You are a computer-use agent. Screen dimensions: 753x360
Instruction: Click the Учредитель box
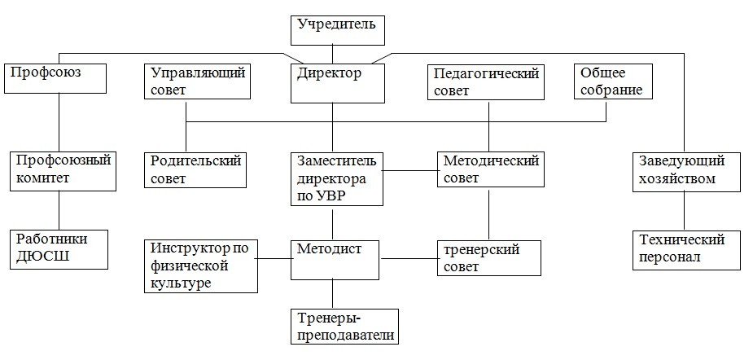(x=332, y=29)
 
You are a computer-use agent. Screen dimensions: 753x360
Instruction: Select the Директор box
(x=338, y=83)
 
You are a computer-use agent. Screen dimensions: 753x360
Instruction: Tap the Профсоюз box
(x=55, y=79)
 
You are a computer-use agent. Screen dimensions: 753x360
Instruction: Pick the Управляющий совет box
(x=197, y=82)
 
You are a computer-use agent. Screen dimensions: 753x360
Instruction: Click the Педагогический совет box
(x=485, y=82)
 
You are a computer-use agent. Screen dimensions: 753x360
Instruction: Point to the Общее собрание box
(x=613, y=82)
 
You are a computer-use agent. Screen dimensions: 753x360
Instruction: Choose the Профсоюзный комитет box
(x=63, y=171)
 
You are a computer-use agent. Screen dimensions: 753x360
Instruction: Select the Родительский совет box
(x=195, y=169)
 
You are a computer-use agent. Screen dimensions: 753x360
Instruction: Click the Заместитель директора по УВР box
(x=337, y=179)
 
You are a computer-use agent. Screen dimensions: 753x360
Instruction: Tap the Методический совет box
(x=490, y=169)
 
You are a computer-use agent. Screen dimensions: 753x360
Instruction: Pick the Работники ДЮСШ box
(x=59, y=249)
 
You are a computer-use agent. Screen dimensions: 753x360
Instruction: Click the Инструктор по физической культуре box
(x=201, y=266)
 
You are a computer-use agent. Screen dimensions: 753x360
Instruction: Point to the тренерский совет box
(x=489, y=258)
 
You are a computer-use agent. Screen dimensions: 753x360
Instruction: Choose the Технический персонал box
(x=686, y=250)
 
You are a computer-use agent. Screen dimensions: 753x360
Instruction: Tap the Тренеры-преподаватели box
(x=345, y=327)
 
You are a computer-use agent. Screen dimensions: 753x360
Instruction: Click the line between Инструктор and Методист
(x=274, y=258)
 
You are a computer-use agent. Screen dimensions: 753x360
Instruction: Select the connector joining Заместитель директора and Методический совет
(x=410, y=169)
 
